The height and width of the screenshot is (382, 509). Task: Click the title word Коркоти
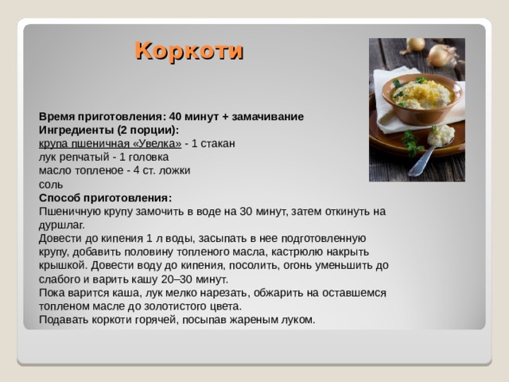188,51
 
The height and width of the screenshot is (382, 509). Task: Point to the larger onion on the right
442,55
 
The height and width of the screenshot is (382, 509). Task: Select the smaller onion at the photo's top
415,45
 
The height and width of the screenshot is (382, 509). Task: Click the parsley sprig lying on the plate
410,142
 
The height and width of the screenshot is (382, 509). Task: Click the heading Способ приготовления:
105,197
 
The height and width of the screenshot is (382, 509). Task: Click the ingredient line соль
51,184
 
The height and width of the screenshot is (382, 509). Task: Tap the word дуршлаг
60,224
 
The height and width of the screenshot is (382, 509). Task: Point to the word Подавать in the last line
65,319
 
